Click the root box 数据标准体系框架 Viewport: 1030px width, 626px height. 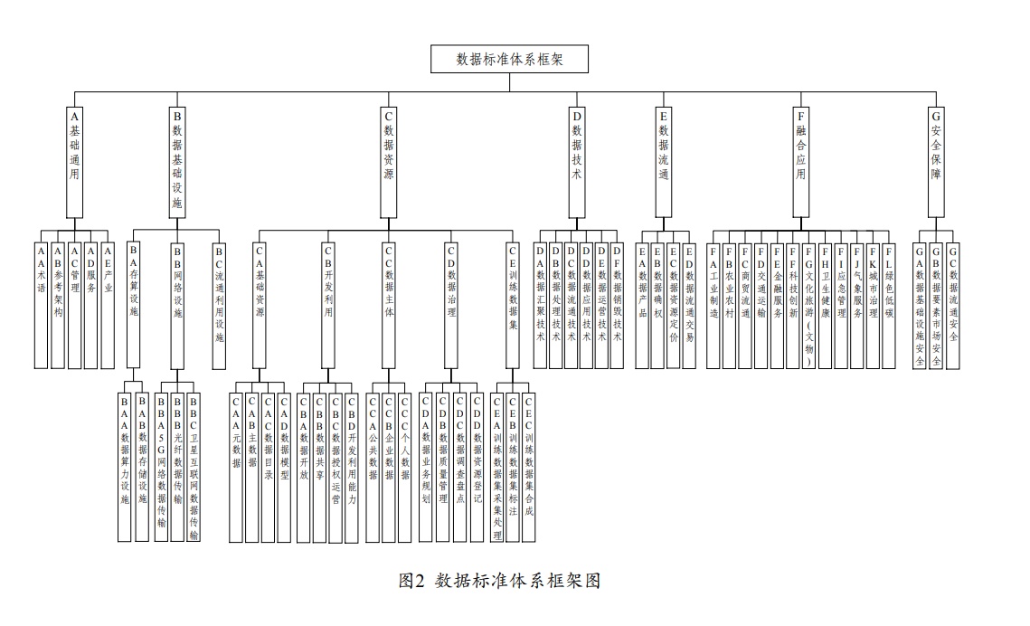coord(511,60)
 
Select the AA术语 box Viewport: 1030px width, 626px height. coord(40,304)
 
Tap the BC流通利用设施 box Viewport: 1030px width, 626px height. coord(218,304)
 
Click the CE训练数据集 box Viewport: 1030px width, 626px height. coord(512,304)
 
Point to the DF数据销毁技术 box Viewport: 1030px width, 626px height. coord(618,304)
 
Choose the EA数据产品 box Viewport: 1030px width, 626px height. coord(642,304)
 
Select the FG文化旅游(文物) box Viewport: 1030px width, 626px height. coord(808,304)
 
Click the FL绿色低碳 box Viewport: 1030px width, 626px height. coord(889,304)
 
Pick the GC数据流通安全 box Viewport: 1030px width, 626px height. coord(953,304)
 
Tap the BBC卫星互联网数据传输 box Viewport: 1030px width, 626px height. coord(194,466)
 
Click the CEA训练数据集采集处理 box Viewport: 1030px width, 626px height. coord(496,466)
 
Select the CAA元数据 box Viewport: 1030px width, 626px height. coord(236,466)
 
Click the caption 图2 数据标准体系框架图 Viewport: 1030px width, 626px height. coord(499,581)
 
